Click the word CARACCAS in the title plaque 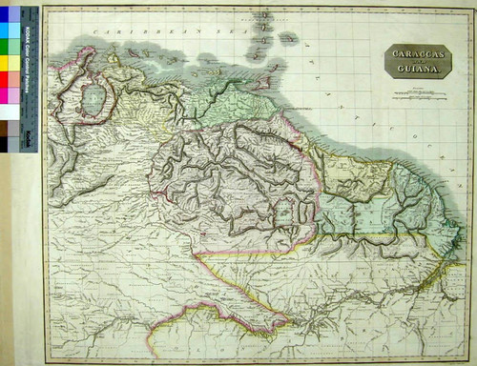412,55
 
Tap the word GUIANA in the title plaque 412,71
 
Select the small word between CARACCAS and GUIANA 412,63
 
